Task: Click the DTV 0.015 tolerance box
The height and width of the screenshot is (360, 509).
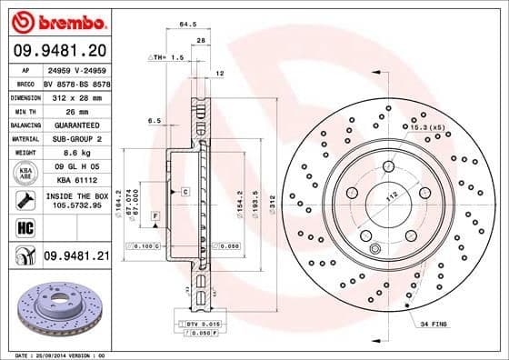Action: click(x=203, y=324)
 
